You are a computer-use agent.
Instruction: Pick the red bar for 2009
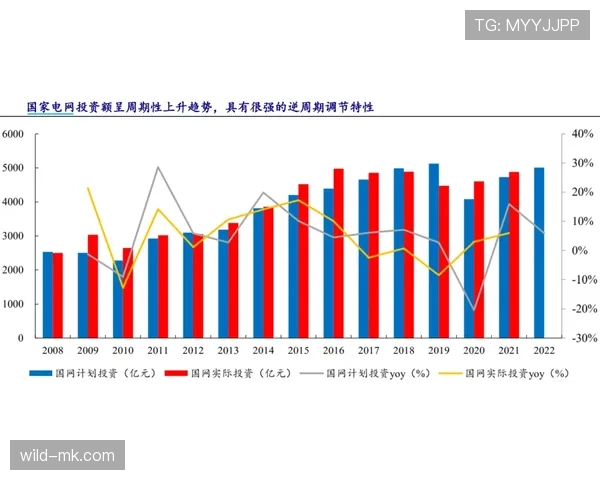click(x=93, y=286)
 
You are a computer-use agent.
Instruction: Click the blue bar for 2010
click(x=118, y=299)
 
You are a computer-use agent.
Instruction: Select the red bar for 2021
click(x=515, y=255)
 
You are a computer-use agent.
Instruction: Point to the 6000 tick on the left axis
click(x=13, y=134)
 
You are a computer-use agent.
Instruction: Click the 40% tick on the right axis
click(x=581, y=134)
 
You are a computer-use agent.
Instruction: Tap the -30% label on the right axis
click(x=581, y=338)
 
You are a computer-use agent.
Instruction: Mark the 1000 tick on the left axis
click(x=13, y=304)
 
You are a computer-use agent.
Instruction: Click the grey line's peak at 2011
click(x=159, y=167)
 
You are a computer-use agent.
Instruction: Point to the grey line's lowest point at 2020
click(x=475, y=310)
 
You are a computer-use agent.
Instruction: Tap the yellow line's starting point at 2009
click(x=88, y=188)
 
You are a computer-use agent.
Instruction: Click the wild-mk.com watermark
click(x=67, y=456)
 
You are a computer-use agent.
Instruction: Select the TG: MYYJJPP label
click(x=527, y=25)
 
